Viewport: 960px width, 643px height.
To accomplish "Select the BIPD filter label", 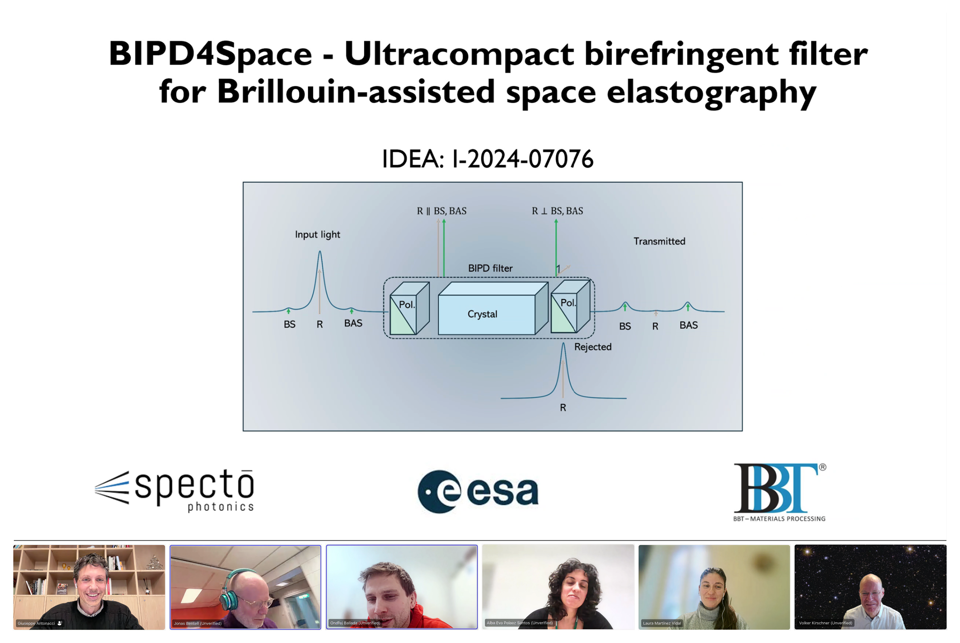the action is pos(490,268).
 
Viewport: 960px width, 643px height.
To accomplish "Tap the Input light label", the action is pos(318,235).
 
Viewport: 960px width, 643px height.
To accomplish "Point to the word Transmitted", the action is pos(659,241).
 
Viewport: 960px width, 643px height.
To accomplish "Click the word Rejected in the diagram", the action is pos(593,347).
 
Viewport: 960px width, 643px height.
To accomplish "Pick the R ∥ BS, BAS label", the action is pos(442,211).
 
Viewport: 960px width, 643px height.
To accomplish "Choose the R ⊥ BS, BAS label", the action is pos(558,211).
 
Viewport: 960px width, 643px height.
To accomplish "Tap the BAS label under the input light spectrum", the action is pos(353,323).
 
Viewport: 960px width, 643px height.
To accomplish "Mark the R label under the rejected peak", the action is pos(563,408).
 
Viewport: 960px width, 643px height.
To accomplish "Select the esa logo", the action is pos(478,491).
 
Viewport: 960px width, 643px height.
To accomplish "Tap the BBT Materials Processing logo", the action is pos(780,492).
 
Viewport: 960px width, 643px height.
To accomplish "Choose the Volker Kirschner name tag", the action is pos(825,623).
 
